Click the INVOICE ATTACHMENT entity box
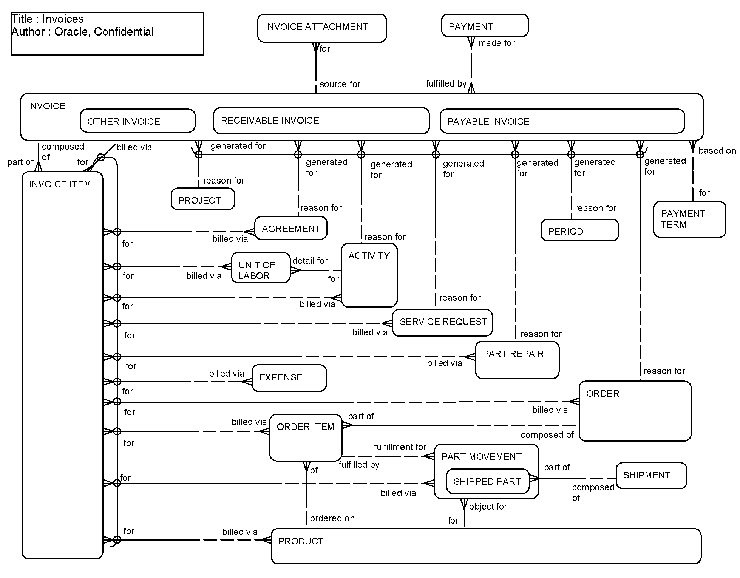322,28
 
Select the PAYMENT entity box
484,26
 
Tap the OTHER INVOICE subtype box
137,121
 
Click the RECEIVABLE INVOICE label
270,121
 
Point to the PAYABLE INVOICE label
488,122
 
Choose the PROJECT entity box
202,199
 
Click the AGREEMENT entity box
290,228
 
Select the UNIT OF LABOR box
260,268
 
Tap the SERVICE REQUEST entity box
442,322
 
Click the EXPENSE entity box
289,378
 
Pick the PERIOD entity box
579,230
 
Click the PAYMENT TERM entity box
689,219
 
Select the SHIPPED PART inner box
487,481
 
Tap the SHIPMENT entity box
651,475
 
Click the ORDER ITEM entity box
305,437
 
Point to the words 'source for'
340,84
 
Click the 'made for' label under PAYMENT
496,43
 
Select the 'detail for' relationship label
310,261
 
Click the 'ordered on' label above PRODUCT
332,518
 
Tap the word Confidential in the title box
124,32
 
